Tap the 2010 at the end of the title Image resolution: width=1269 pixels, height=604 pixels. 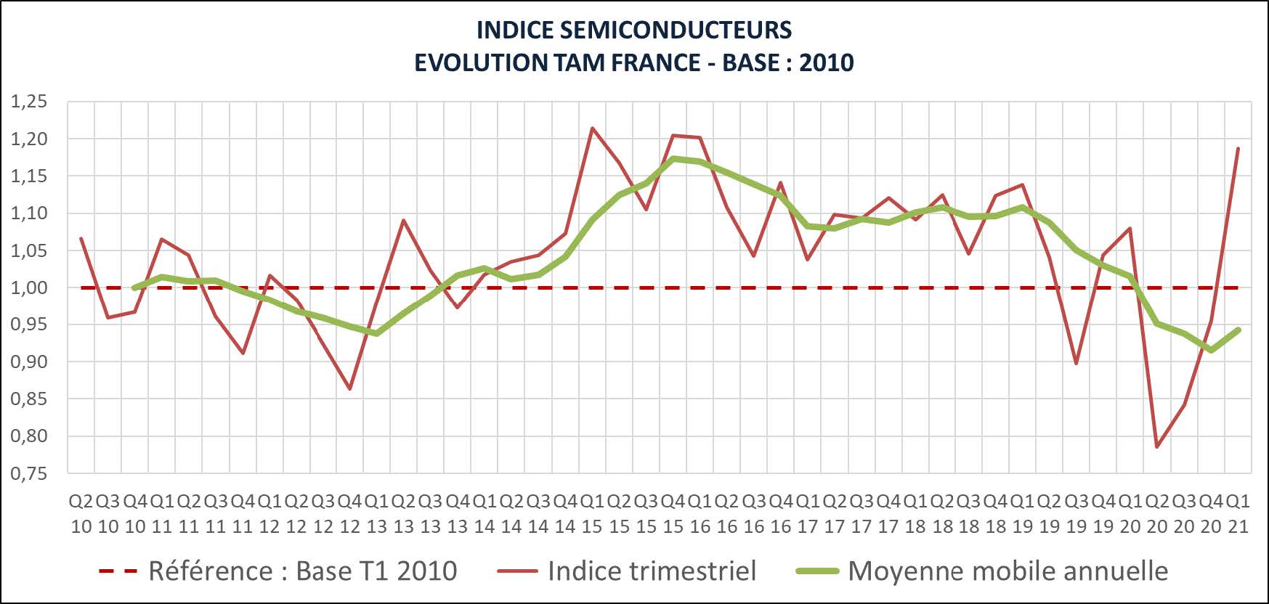coord(826,62)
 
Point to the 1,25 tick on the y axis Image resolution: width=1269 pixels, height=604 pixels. coord(29,102)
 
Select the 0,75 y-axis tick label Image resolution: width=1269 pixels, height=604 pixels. coord(29,473)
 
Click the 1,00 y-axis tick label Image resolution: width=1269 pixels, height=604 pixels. coord(29,287)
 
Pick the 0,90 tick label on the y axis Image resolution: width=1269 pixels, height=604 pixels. coord(29,362)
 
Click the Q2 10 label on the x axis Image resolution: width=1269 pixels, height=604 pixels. coord(81,513)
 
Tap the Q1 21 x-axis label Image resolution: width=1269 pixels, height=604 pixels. coord(1238,513)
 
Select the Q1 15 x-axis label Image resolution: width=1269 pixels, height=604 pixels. coord(593,513)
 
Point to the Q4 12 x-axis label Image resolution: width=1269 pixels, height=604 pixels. coord(350,513)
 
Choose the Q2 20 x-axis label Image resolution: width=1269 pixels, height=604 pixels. coord(1157,513)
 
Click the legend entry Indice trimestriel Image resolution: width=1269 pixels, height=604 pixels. coord(652,571)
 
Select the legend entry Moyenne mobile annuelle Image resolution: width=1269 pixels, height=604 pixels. coord(1008,571)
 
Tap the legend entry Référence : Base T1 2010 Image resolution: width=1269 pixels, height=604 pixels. coord(302,571)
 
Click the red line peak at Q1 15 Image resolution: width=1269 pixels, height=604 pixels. coord(593,128)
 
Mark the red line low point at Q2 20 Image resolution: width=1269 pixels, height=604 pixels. coord(1157,446)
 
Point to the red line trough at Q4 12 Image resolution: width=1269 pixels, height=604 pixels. coord(350,389)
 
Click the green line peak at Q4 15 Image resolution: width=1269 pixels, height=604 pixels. coord(673,158)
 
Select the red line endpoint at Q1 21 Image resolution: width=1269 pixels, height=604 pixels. coord(1238,148)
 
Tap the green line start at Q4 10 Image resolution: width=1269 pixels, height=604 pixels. coord(135,287)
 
